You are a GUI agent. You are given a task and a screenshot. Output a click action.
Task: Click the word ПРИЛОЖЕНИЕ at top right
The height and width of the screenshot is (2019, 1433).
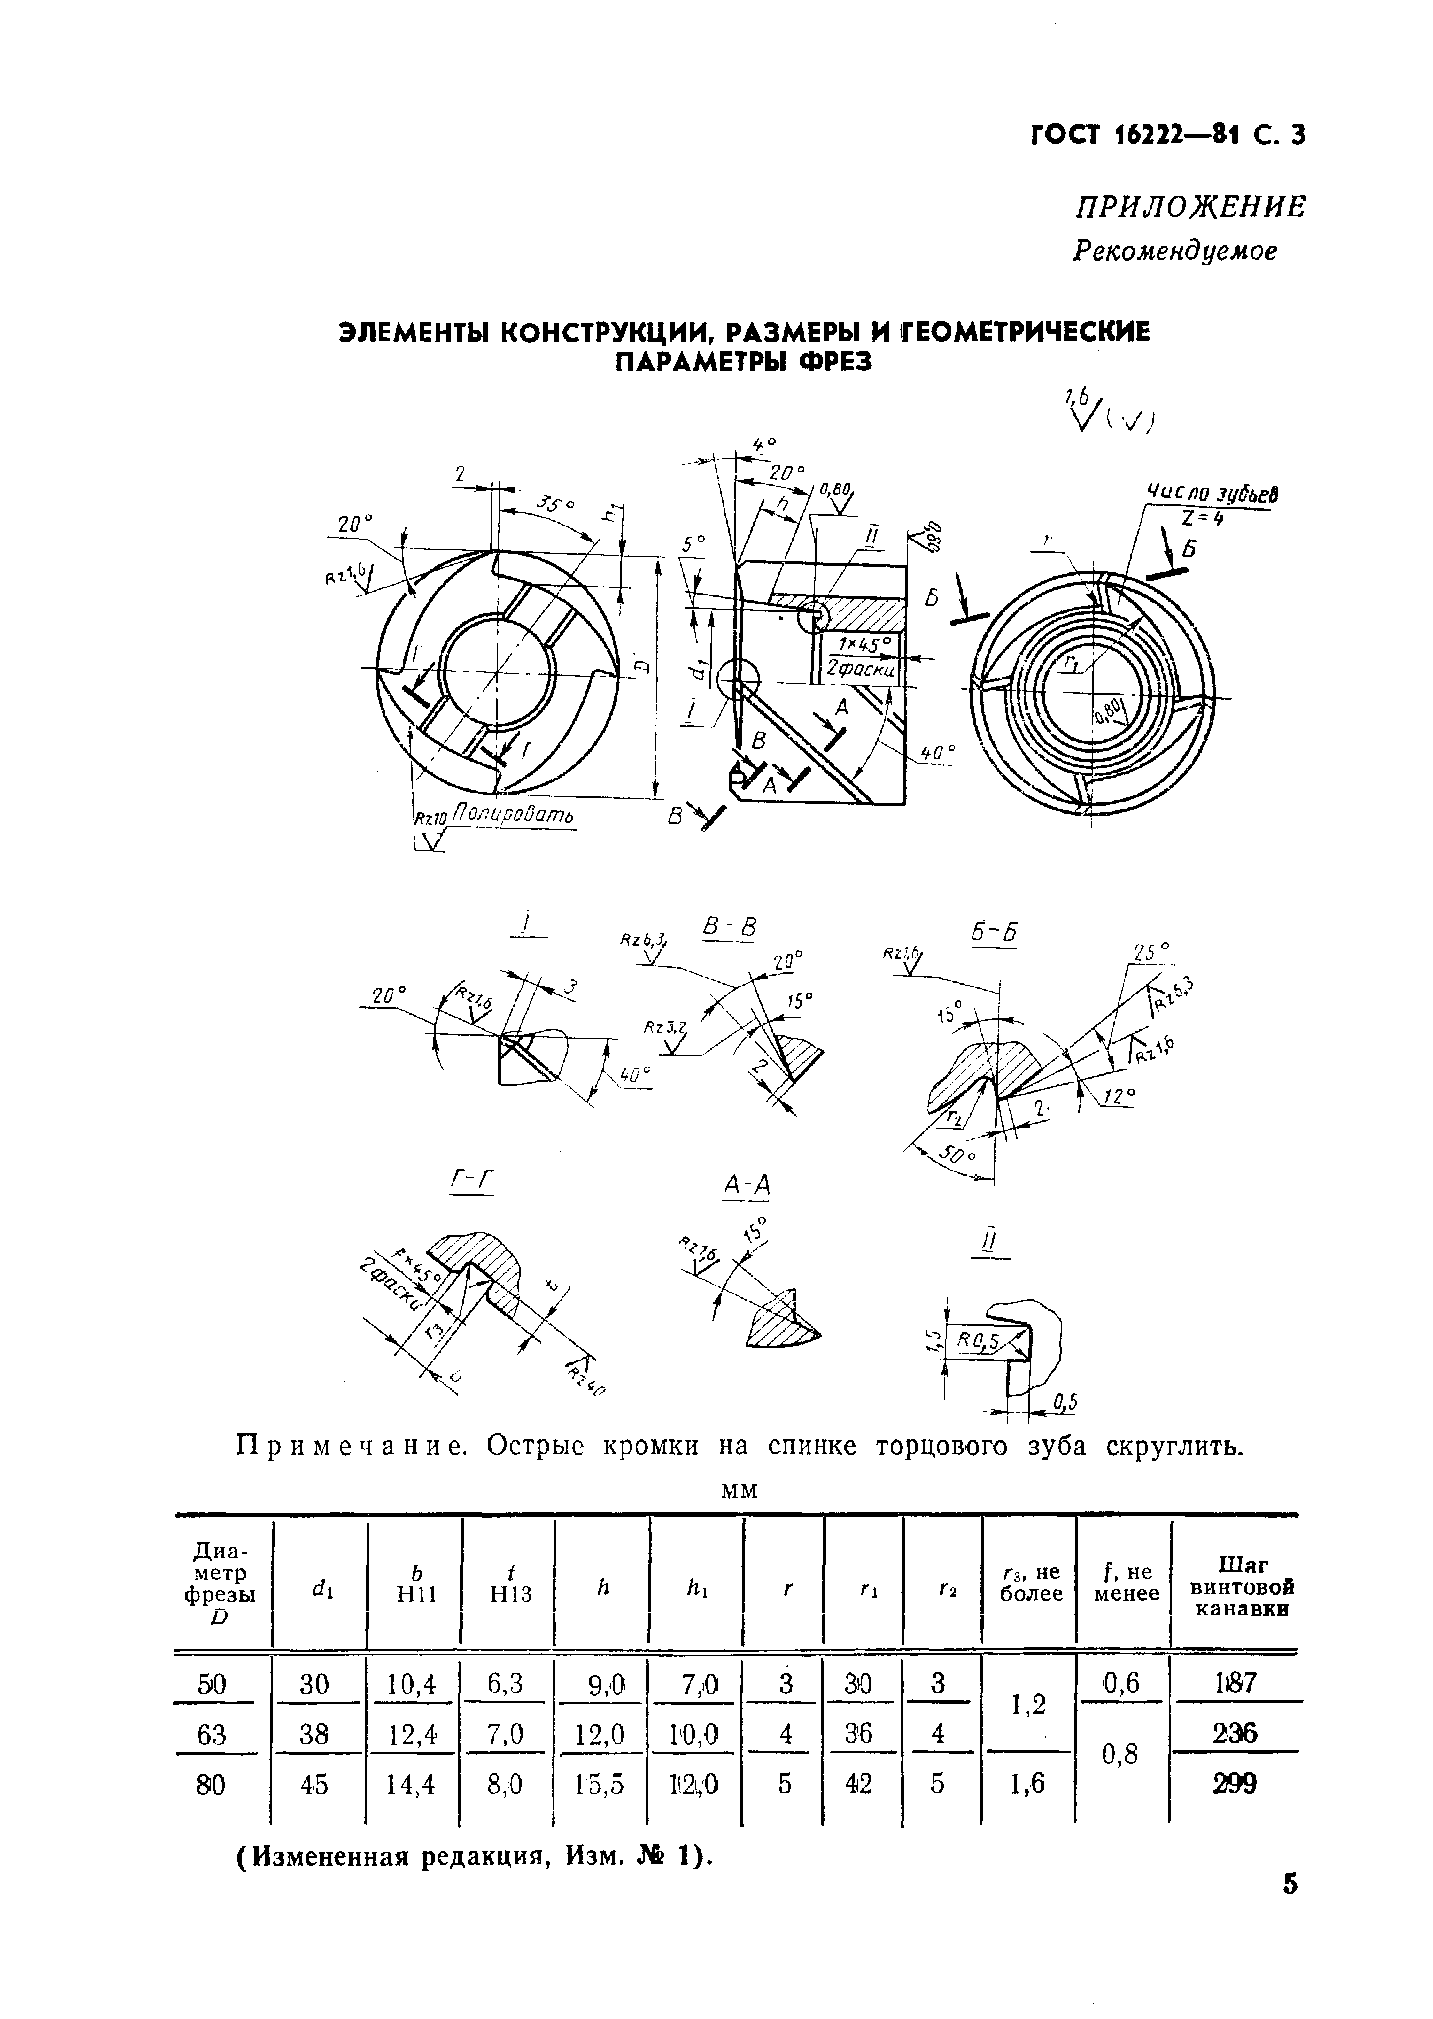tap(1189, 207)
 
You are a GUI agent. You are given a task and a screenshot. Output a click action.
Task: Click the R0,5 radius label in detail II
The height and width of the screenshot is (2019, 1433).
tap(977, 1342)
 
